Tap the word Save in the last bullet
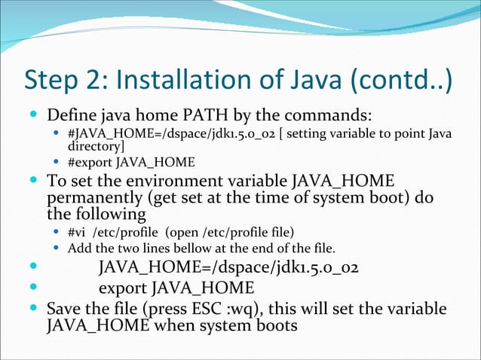(x=63, y=310)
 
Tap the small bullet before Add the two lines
(x=57, y=248)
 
